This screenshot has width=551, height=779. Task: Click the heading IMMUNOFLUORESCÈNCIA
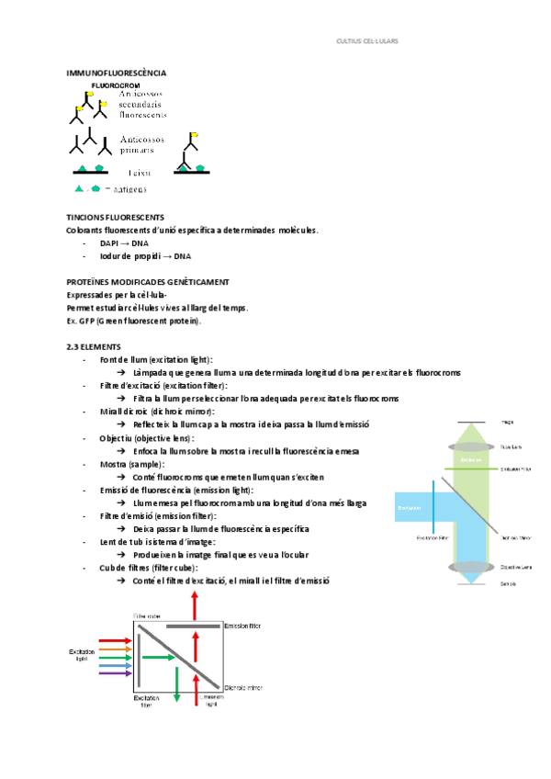tap(117, 73)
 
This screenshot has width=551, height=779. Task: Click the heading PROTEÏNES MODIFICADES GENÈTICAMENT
tap(148, 281)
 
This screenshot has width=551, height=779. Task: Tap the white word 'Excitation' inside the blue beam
tap(410, 507)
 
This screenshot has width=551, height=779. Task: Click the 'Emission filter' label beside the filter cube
tap(242, 626)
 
